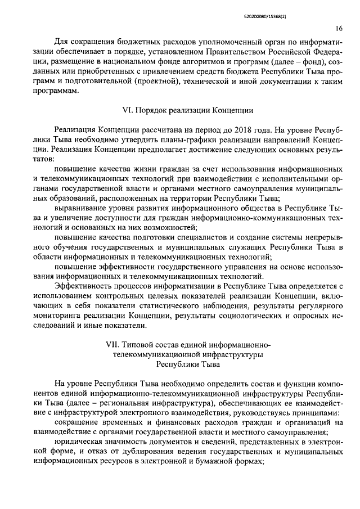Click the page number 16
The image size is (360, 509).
tap(339, 28)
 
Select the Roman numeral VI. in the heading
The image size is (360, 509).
tap(128, 110)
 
